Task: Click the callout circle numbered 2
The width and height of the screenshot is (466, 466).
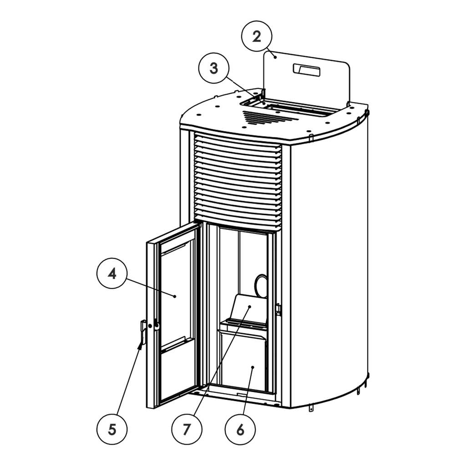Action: (x=256, y=37)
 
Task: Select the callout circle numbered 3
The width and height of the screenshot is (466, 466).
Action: (x=214, y=69)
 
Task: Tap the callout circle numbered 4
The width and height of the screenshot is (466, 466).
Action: (x=112, y=274)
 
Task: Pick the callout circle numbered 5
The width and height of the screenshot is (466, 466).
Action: (x=112, y=428)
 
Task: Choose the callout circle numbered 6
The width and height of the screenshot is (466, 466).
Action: (x=240, y=428)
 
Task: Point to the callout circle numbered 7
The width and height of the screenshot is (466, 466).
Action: (x=187, y=428)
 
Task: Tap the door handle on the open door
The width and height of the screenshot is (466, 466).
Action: (x=142, y=332)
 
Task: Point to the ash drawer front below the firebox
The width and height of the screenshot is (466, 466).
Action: (x=243, y=362)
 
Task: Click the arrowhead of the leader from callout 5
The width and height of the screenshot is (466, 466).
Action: (x=139, y=347)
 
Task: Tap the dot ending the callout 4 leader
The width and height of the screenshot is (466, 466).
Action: (x=175, y=296)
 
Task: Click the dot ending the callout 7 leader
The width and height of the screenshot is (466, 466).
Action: (x=249, y=308)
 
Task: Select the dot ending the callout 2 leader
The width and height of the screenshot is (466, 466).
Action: (x=274, y=56)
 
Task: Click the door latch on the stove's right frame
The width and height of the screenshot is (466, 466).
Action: (x=279, y=309)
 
